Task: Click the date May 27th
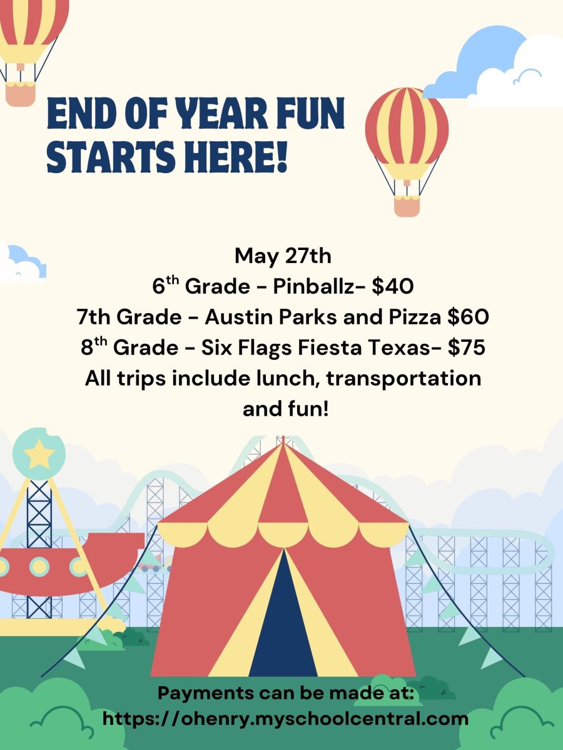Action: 283,256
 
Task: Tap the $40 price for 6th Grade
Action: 393,286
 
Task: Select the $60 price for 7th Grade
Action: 469,317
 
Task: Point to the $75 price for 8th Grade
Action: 466,348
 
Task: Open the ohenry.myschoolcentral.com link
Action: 285,719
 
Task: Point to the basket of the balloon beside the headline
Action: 407,206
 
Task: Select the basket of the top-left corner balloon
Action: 20,94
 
